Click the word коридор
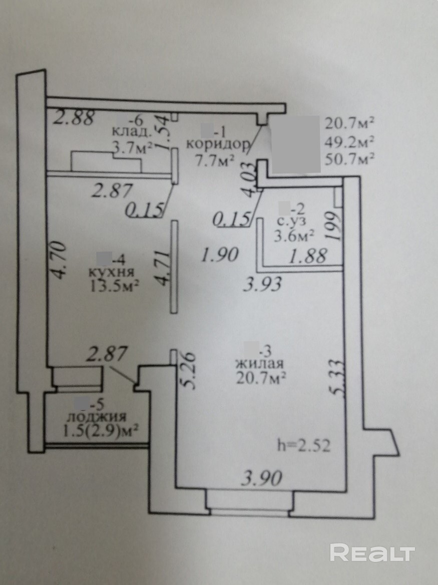(217, 145)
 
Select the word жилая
(259, 363)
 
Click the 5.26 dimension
(186, 371)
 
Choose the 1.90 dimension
(219, 256)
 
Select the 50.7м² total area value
(350, 159)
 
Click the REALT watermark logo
(372, 553)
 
